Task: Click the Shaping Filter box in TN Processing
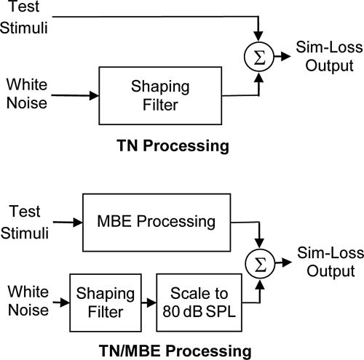(x=152, y=95)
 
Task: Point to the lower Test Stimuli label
(x=27, y=221)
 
